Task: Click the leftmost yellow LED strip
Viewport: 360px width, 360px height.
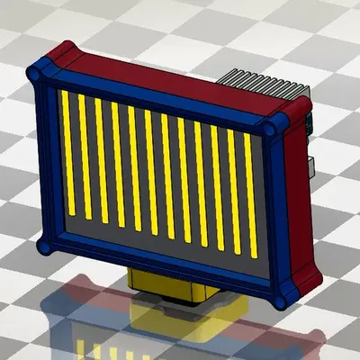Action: click(x=67, y=153)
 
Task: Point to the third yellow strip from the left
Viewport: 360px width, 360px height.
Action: click(x=101, y=160)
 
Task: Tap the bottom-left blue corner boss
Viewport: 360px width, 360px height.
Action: click(x=43, y=245)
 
